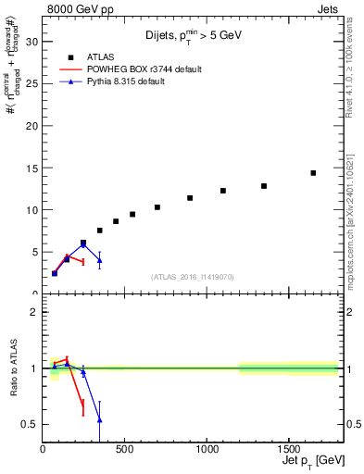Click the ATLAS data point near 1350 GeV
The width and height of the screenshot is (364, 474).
(x=264, y=186)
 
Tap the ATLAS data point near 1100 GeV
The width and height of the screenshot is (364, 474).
(x=223, y=191)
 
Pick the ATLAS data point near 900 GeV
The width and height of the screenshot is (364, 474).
(x=190, y=198)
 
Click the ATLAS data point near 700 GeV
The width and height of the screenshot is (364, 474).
(x=157, y=207)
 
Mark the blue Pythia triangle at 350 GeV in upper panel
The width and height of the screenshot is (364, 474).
(x=99, y=260)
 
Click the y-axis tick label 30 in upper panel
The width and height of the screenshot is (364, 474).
(x=31, y=42)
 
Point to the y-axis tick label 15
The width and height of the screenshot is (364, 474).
(x=31, y=168)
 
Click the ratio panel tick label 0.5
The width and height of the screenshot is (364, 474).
(x=29, y=425)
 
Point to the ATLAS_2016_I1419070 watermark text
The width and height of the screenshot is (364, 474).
(x=193, y=277)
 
